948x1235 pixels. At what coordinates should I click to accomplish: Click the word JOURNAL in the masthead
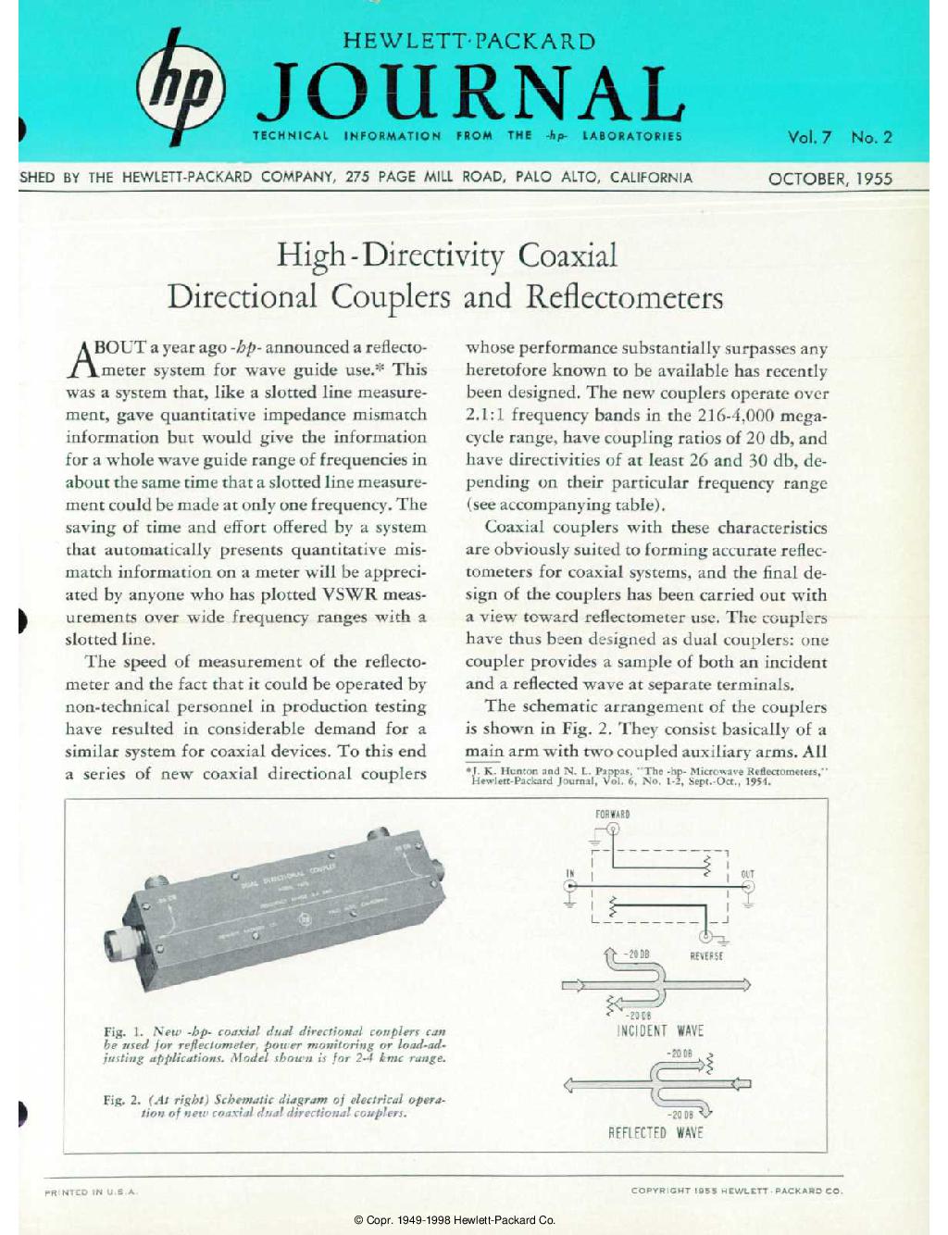[469, 94]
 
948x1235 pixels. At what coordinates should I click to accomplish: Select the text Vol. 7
[809, 137]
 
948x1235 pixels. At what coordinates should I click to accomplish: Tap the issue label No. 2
[871, 137]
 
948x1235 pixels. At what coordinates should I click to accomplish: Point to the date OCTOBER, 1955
[829, 179]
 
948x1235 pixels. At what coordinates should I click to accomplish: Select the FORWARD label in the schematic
[613, 815]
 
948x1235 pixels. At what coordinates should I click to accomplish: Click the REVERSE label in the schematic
[706, 955]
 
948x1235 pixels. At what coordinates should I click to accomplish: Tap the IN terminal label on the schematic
[570, 873]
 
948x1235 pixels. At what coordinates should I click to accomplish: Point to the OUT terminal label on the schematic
[747, 873]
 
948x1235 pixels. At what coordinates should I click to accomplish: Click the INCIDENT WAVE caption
[659, 1031]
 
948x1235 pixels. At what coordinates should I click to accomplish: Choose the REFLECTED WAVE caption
[655, 1132]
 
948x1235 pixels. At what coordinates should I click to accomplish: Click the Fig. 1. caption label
[124, 1031]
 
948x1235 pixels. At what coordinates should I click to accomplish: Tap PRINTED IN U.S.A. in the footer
[92, 1191]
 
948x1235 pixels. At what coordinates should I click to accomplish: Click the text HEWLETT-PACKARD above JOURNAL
[468, 42]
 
